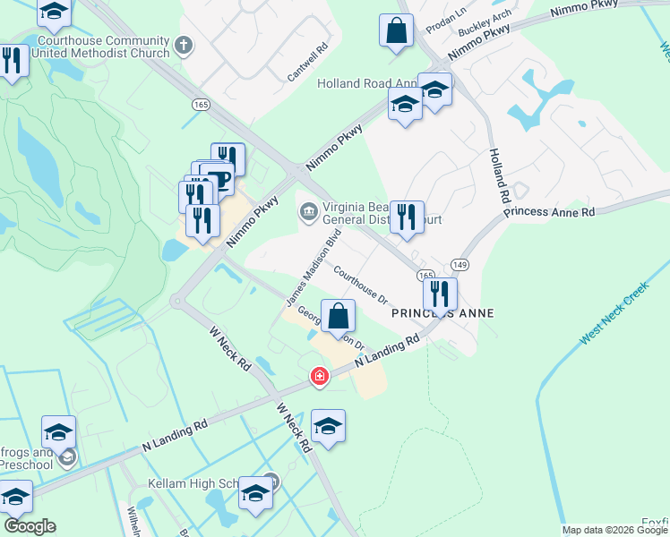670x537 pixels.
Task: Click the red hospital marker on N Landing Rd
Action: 319,378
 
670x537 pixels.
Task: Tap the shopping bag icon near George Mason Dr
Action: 338,316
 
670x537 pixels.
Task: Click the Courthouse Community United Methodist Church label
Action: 99,47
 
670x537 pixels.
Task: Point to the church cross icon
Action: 184,45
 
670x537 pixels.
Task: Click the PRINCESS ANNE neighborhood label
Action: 442,313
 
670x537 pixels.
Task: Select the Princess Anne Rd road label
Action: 548,212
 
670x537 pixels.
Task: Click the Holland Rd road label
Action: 498,175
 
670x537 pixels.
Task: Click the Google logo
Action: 30,526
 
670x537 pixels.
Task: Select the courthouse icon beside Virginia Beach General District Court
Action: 308,211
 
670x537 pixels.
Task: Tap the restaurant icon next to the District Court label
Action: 407,216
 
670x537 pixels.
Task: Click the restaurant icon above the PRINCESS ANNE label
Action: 440,293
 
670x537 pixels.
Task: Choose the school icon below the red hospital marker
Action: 328,425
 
